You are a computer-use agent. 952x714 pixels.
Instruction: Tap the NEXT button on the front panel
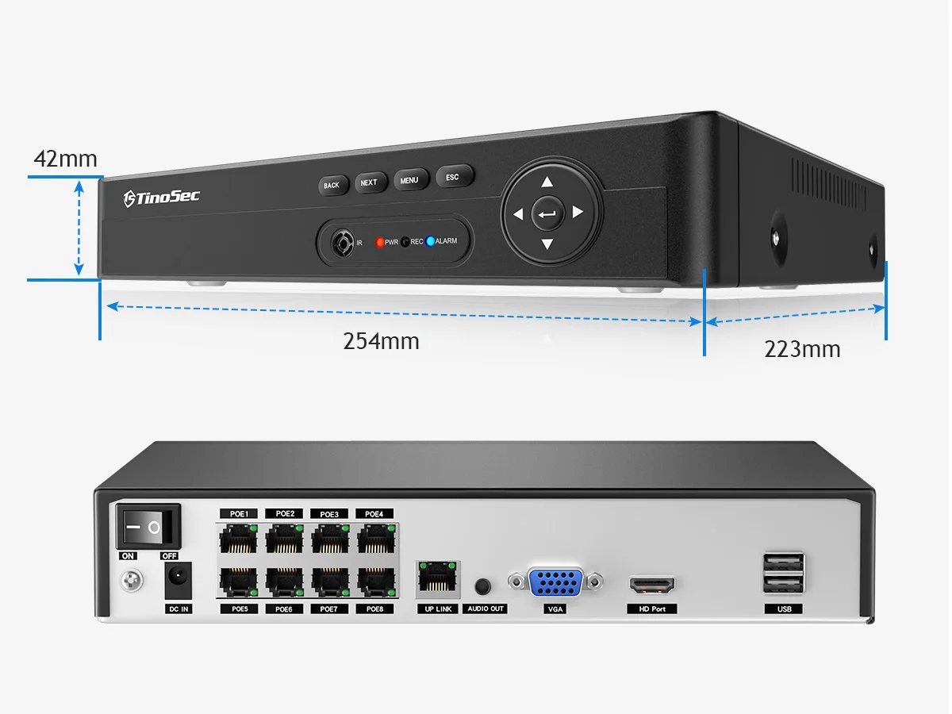[x=370, y=182]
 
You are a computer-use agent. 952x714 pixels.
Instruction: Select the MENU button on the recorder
[x=410, y=180]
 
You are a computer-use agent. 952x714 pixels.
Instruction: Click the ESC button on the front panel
[x=453, y=177]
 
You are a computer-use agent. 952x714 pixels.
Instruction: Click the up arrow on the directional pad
[x=547, y=182]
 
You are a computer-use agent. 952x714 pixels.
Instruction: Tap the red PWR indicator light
[x=380, y=242]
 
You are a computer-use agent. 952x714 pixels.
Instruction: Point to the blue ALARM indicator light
[x=431, y=241]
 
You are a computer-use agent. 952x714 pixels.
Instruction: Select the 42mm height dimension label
[x=65, y=159]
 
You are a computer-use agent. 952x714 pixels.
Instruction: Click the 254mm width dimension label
[x=381, y=341]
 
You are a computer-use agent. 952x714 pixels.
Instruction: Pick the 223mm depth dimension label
[x=802, y=348]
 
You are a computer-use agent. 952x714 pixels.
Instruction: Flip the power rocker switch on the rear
[x=149, y=526]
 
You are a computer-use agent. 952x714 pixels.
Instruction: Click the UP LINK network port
[x=437, y=579]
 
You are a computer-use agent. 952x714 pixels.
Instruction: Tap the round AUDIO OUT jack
[x=482, y=586]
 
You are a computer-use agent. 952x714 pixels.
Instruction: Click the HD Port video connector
[x=652, y=586]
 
